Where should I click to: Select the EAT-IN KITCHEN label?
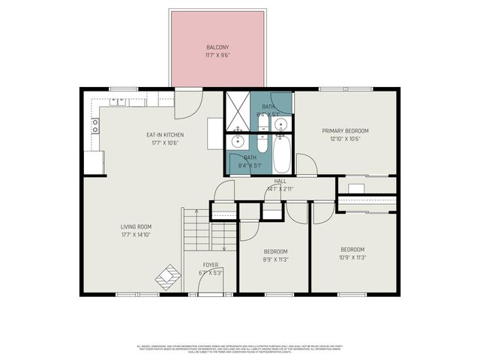[x=165, y=135]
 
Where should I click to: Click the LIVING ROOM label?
[x=136, y=226]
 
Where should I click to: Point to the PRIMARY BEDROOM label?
[x=346, y=130]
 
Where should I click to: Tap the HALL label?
[x=280, y=181]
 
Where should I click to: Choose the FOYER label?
[x=210, y=265]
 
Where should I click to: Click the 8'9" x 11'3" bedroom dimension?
[x=275, y=259]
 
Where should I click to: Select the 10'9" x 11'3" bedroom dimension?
[x=352, y=256]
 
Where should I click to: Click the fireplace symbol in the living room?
[x=168, y=277]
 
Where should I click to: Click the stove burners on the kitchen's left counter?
[x=95, y=125]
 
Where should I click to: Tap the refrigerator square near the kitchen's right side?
[x=214, y=136]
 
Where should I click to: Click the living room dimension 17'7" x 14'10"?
[x=136, y=234]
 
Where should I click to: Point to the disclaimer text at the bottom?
[x=240, y=348]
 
